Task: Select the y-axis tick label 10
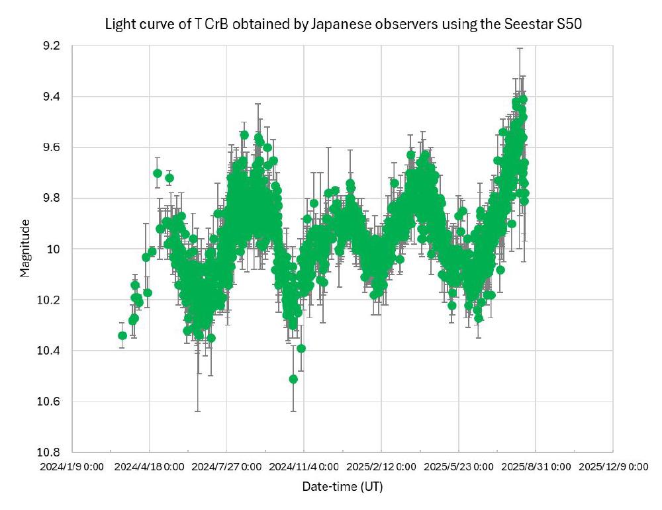(x=54, y=249)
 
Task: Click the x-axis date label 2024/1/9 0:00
(x=71, y=466)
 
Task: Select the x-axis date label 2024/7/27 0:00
(x=226, y=466)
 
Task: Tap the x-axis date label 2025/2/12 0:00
(x=381, y=466)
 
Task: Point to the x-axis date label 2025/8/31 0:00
(x=536, y=466)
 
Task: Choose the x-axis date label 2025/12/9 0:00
(x=613, y=466)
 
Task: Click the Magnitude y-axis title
(x=24, y=249)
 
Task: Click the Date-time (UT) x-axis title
(x=342, y=487)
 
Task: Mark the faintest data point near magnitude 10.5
(x=293, y=379)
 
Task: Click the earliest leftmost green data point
(x=122, y=335)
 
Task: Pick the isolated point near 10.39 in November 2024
(x=301, y=348)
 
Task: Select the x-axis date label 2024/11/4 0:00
(x=304, y=466)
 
